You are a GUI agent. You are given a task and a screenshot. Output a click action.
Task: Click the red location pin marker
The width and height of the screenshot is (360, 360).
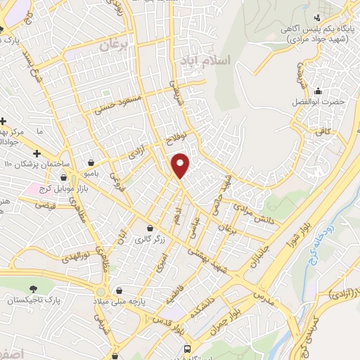(x=181, y=166)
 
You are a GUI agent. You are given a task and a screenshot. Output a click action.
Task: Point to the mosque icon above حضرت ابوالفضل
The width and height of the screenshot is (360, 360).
(x=319, y=90)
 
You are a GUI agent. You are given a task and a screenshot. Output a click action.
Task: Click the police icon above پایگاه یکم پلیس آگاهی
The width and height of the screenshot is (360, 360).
(x=318, y=16)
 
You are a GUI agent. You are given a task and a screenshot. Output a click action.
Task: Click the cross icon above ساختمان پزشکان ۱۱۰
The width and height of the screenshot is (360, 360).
(x=37, y=153)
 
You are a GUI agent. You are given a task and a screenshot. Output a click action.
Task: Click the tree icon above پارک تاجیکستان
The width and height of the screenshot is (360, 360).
(x=32, y=288)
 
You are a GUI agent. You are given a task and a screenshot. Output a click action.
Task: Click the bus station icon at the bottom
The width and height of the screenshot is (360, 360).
(x=187, y=349)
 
